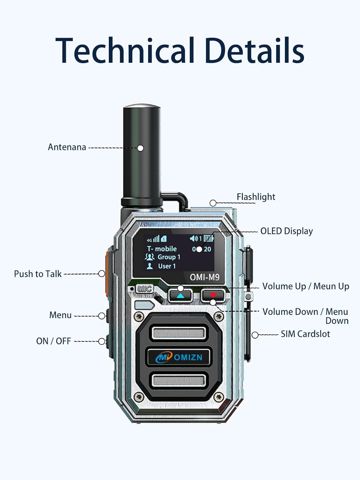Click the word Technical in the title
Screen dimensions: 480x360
(125, 51)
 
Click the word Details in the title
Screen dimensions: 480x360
(254, 51)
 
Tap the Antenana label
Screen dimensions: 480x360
(67, 147)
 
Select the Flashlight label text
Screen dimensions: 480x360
(256, 197)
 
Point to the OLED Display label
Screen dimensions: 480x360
(286, 231)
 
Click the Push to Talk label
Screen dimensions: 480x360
(38, 274)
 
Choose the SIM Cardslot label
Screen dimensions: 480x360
(305, 334)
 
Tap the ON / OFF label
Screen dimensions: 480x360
(53, 341)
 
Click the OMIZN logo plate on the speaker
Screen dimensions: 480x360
(179, 357)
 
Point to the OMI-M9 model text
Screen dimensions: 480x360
(204, 277)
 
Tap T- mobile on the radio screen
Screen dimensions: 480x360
(162, 249)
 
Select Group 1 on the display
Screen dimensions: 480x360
(168, 257)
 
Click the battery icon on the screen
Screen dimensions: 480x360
(208, 238)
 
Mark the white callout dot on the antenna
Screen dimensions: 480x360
(140, 148)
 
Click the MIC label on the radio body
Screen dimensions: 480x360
(144, 289)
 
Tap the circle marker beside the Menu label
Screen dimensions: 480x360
(102, 316)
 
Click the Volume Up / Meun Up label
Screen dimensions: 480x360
(305, 286)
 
